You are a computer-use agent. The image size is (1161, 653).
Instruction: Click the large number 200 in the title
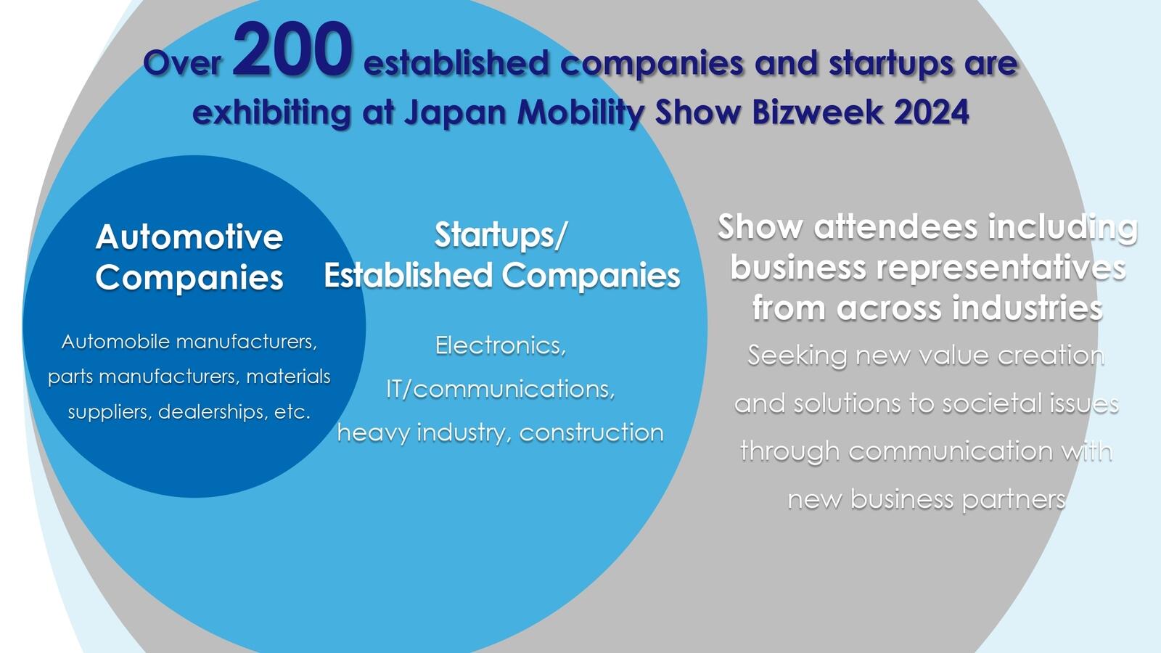[293, 50]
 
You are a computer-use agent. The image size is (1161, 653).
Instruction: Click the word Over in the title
[182, 63]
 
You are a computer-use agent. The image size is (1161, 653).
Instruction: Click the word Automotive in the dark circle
[189, 237]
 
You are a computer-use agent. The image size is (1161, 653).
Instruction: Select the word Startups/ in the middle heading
[501, 235]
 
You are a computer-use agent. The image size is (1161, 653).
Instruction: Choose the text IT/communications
[501, 389]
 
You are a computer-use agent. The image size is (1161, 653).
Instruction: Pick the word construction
[591, 432]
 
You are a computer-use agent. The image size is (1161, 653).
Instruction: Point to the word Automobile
[115, 342]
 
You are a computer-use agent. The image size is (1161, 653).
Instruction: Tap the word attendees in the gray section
[895, 227]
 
